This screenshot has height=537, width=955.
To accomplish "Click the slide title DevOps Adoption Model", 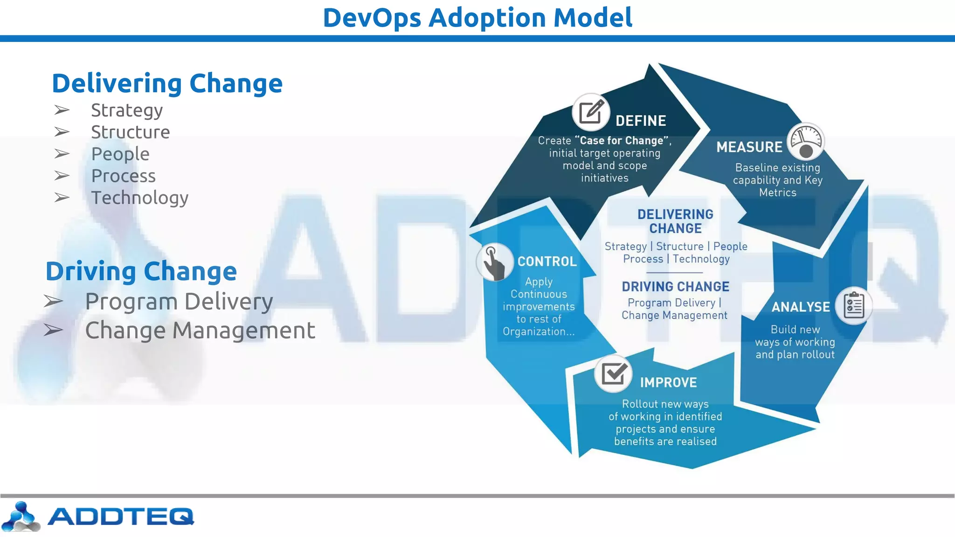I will (477, 18).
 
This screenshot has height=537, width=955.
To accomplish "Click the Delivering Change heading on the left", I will (167, 83).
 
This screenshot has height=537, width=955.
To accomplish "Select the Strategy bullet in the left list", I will (127, 110).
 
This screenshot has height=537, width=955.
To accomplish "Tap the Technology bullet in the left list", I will (139, 198).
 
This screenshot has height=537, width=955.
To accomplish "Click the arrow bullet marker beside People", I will (62, 154).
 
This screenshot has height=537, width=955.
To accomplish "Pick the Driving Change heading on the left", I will (141, 271).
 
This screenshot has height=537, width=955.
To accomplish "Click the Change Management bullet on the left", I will (200, 330).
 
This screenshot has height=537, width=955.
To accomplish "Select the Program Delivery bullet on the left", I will (179, 302).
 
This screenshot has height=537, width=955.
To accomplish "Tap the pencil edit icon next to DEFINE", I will (591, 112).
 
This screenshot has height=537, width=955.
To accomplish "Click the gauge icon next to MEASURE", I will (805, 141).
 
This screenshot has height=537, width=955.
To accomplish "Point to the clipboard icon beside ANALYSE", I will (853, 306).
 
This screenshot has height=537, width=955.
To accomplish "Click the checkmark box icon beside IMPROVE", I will (613, 373).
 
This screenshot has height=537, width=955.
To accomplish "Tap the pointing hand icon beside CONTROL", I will (494, 262).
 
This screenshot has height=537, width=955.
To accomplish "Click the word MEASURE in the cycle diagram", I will (749, 147).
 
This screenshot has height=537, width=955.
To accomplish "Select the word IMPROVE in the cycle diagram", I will (668, 383).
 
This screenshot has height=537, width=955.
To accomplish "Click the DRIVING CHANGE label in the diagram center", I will (675, 287).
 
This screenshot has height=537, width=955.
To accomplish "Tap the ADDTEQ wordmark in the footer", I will (120, 516).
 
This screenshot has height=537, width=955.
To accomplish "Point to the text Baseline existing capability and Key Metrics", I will (777, 180).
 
